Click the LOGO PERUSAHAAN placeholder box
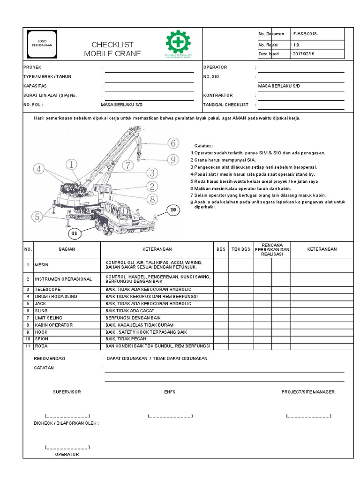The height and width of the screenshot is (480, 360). click(x=42, y=43)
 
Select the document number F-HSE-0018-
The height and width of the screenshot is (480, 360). click(x=307, y=34)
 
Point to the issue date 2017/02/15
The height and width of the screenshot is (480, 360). click(x=304, y=54)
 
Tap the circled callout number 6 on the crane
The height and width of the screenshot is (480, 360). click(x=172, y=143)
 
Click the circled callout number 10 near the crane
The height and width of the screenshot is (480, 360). click(x=172, y=210)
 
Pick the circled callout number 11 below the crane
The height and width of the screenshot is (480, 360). click(x=74, y=233)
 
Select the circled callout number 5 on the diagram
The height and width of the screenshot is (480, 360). click(x=37, y=217)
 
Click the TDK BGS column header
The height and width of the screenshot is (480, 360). click(x=241, y=249)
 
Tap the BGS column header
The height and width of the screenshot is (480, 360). click(x=221, y=249)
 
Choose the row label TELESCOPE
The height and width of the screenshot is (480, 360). click(x=47, y=289)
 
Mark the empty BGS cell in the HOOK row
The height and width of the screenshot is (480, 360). click(x=221, y=331)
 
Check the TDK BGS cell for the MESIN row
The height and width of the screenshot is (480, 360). click(x=241, y=265)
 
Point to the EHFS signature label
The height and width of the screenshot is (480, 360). click(x=170, y=392)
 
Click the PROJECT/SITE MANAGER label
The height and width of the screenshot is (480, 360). click(x=308, y=392)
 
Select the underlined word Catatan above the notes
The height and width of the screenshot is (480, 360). click(x=204, y=146)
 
